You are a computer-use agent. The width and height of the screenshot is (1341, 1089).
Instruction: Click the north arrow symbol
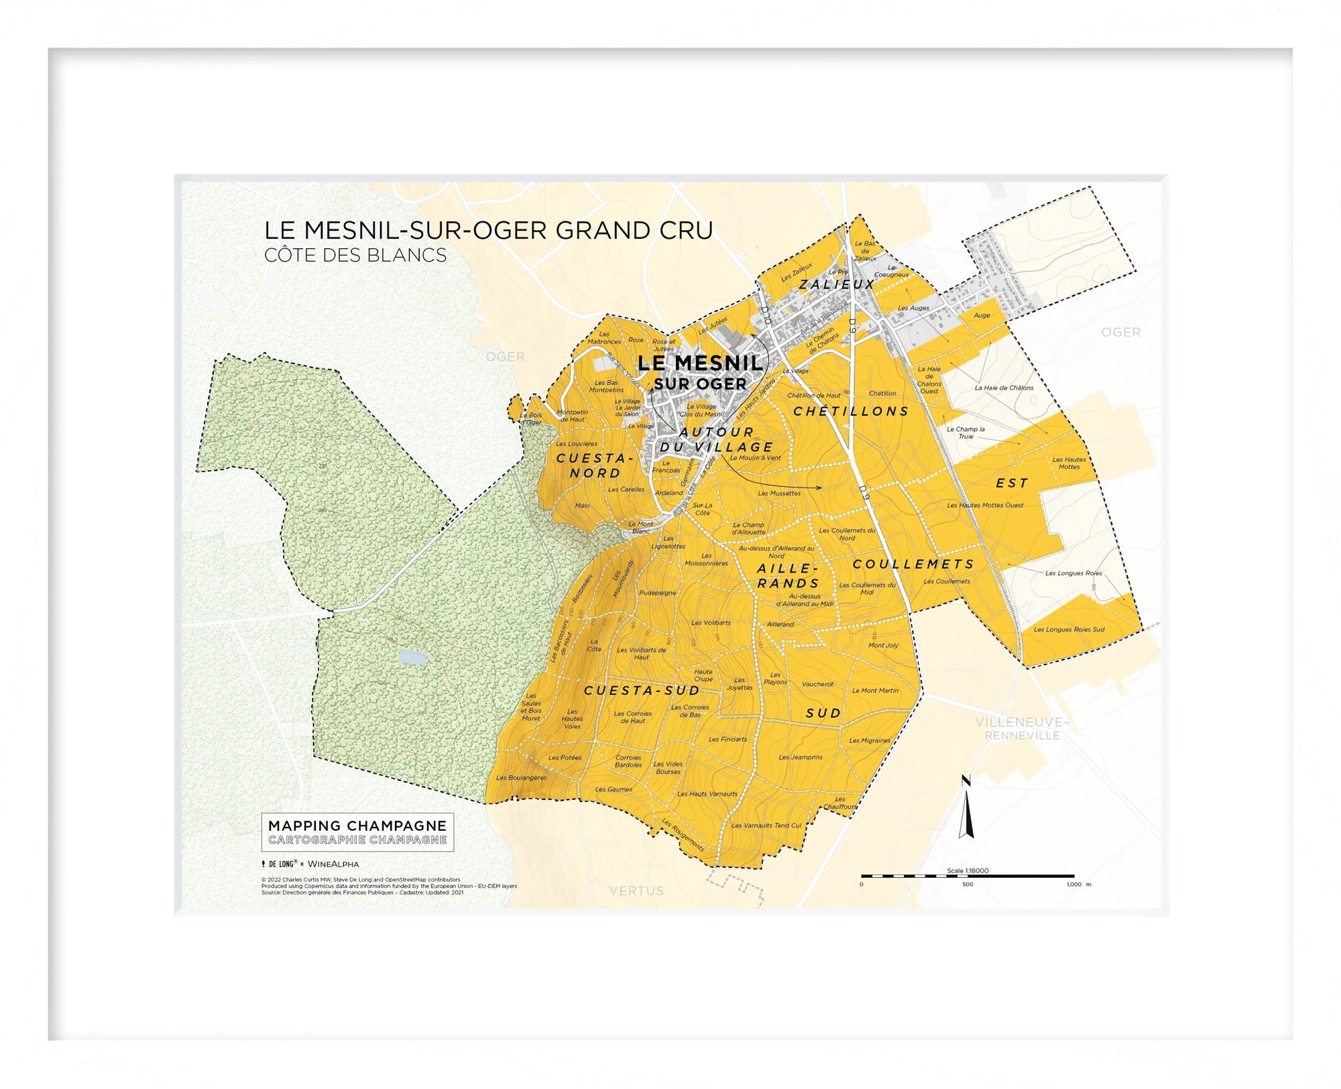tap(966, 809)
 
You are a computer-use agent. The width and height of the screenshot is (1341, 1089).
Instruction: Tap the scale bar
tap(968, 876)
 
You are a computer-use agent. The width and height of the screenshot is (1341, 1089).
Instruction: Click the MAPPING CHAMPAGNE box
tap(357, 832)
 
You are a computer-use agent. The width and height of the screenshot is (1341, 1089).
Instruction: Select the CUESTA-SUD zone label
tap(642, 691)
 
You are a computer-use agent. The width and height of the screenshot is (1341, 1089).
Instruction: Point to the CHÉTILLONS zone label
tap(851, 412)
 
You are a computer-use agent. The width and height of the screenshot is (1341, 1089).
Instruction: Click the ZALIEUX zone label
tap(837, 284)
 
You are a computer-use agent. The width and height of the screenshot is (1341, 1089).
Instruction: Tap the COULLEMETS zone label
tap(913, 565)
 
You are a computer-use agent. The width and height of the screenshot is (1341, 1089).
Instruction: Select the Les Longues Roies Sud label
tap(1069, 630)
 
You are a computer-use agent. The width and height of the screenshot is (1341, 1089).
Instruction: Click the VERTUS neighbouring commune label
tap(636, 891)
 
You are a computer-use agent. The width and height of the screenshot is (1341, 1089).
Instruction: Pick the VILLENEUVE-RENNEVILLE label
tap(1022, 729)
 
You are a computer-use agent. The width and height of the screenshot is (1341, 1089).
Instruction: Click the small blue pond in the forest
tap(411, 657)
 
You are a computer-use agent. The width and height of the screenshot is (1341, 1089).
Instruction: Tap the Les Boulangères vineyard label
tap(521, 778)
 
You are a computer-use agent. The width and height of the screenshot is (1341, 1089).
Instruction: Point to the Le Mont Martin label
tap(875, 691)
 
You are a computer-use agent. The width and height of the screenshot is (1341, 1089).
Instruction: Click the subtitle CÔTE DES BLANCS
tap(355, 255)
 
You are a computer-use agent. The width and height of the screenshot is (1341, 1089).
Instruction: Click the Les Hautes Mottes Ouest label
tap(985, 506)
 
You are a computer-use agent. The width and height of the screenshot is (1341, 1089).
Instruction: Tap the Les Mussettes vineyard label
tap(779, 494)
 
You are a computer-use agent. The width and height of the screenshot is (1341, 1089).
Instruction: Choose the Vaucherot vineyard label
tap(817, 685)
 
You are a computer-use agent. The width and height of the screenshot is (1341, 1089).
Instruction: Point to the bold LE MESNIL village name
tap(700, 363)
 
